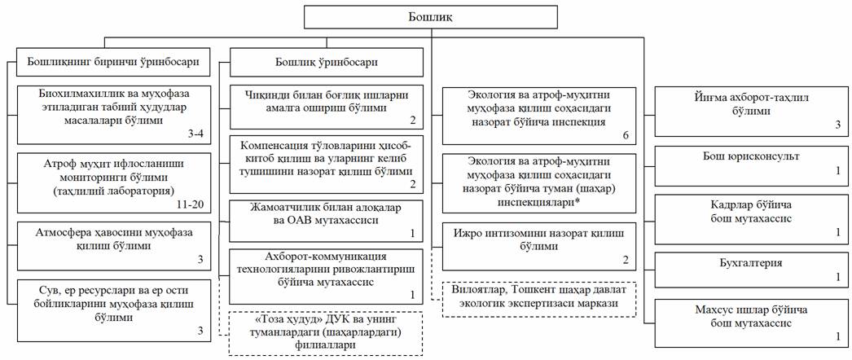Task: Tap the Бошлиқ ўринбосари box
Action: (326, 61)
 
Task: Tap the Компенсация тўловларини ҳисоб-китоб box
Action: (325, 163)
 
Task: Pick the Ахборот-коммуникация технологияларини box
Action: (325, 274)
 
